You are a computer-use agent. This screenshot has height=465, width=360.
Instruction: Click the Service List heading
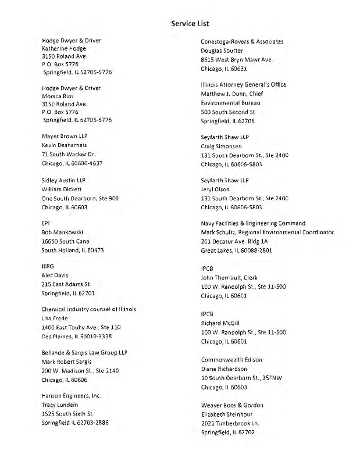coord(190,23)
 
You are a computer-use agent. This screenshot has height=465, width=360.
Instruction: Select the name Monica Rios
coord(58,96)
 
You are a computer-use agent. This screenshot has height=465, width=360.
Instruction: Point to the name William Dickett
coord(62,189)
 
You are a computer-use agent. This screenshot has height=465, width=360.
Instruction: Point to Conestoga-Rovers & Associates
coord(242,41)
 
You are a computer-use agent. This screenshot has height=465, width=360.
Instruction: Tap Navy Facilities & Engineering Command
coord(253,223)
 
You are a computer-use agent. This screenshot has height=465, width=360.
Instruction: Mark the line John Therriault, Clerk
coord(229,277)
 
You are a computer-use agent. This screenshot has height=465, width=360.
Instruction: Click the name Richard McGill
coord(220,323)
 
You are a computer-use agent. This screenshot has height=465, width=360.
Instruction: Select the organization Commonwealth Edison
coord(231,360)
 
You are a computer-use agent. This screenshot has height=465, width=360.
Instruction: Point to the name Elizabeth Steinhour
coord(230,414)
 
